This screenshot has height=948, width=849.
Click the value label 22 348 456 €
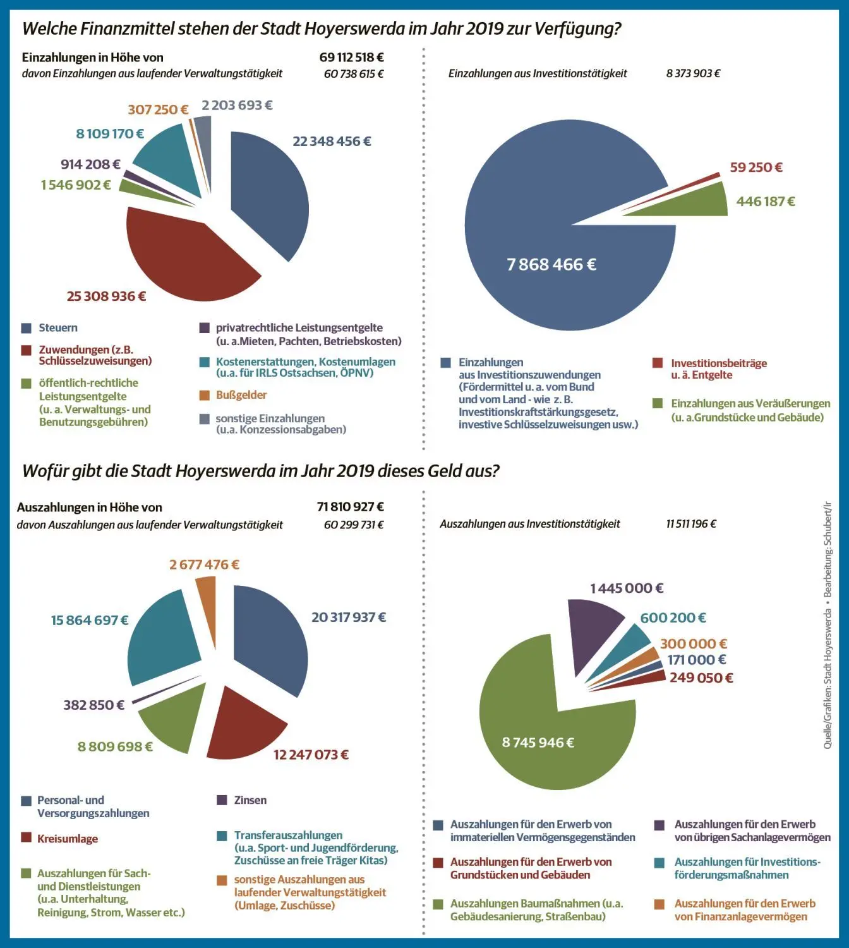coord(332,142)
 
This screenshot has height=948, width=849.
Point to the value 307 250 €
coord(158,109)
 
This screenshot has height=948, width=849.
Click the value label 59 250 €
coord(756,167)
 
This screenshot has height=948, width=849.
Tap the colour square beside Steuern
coord(26,328)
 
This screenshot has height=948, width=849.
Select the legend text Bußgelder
coord(241,395)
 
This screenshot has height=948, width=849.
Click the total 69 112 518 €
coord(351,58)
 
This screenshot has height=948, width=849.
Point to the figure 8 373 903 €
coord(693,73)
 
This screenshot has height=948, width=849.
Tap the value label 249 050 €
coord(701,678)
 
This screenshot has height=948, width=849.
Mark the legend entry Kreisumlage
coord(68,839)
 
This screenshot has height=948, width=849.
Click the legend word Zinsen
coord(250,800)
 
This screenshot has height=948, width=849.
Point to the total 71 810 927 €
coord(350,507)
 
